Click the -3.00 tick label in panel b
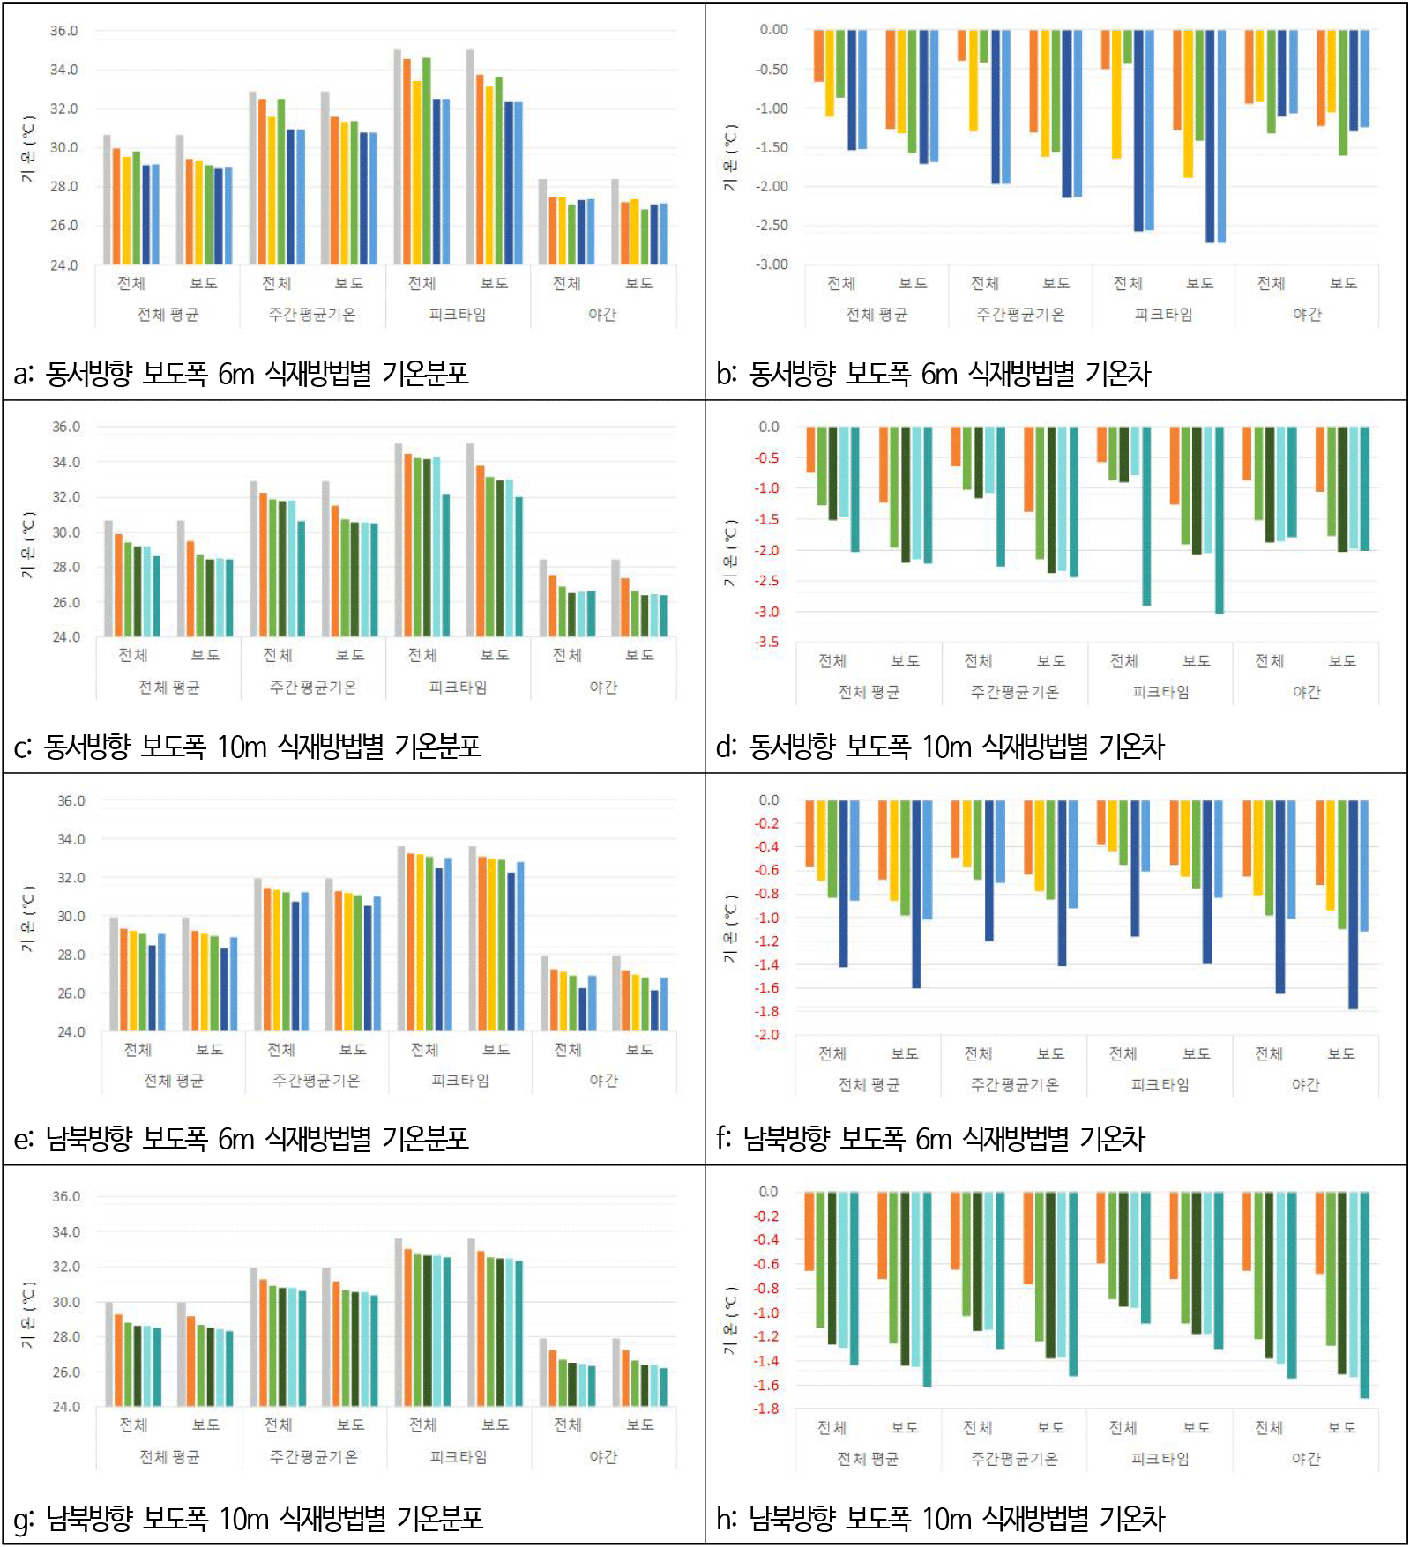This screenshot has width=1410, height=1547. pyautogui.click(x=772, y=264)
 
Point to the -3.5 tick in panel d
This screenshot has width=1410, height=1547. pyautogui.click(x=766, y=642)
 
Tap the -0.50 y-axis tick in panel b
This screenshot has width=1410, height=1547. pyautogui.click(x=772, y=70)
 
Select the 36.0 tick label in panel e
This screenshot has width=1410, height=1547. pyautogui.click(x=71, y=801)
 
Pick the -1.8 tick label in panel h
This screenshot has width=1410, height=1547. pyautogui.click(x=766, y=1409)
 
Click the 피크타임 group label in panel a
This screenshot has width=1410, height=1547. pyautogui.click(x=457, y=315)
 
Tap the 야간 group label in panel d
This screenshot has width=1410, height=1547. pyautogui.click(x=1306, y=692)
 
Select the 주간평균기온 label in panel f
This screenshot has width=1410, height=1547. pyautogui.click(x=1014, y=1085)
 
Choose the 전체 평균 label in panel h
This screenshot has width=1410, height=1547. pyautogui.click(x=868, y=1459)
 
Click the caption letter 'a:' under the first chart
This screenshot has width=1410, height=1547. pyautogui.click(x=24, y=375)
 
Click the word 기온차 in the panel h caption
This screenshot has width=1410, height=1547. pyautogui.click(x=1132, y=1519)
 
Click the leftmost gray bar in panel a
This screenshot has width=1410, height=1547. pyautogui.click(x=107, y=199)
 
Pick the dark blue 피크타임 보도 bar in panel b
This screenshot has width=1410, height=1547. pyautogui.click(x=1210, y=136)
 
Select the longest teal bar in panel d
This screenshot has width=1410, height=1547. pyautogui.click(x=1219, y=520)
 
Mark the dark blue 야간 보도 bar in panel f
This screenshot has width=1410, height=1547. pyautogui.click(x=1353, y=904)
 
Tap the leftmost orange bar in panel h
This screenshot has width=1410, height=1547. pyautogui.click(x=809, y=1231)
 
